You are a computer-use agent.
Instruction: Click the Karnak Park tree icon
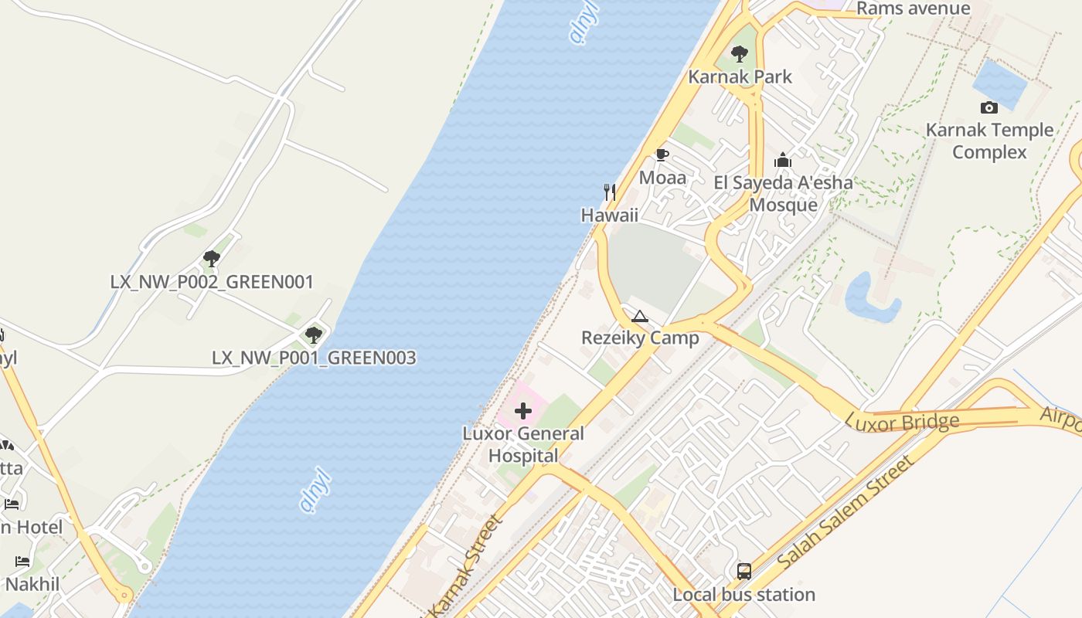coord(740,54)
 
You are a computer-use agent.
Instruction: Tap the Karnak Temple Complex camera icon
coord(988,108)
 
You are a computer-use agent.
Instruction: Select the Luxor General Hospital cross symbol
coord(523,411)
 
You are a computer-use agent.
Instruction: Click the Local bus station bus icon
coord(744,572)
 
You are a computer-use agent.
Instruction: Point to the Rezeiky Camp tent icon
coord(639,316)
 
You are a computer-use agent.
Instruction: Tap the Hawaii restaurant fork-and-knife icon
coord(610,192)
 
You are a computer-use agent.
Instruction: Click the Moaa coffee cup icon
coord(662,155)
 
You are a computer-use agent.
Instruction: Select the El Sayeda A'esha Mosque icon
coord(783,161)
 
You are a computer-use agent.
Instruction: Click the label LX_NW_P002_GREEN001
coord(212,282)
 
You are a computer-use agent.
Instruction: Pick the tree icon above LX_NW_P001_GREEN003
coord(313,335)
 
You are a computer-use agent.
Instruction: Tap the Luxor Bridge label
coord(903,422)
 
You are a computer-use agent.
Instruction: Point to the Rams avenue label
coord(913,8)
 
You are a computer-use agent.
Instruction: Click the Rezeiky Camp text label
coord(640,338)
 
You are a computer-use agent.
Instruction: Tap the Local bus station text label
coord(743,594)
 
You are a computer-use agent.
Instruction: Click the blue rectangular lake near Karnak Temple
coord(999,83)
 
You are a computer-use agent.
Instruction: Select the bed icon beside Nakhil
coord(22,562)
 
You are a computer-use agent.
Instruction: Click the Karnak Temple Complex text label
coord(989,141)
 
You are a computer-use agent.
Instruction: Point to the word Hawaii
coord(610,215)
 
